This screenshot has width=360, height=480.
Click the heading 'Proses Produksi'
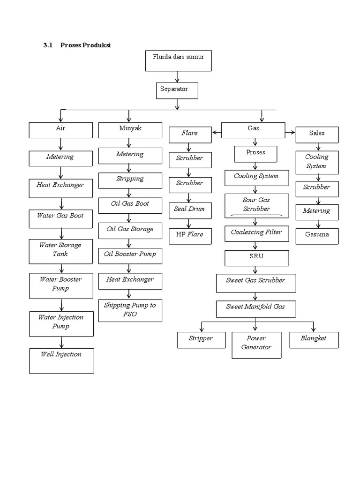[x=85, y=45]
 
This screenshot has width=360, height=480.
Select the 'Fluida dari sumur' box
[x=178, y=61]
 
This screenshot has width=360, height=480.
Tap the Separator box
[x=177, y=90]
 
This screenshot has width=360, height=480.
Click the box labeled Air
[x=60, y=130]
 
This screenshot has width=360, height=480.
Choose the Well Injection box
[x=61, y=361]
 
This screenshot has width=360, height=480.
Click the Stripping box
[x=130, y=180]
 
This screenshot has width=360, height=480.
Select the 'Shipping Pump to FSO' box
[x=130, y=311]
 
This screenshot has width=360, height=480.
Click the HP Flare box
[x=189, y=236]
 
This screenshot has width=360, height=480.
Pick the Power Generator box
[x=256, y=345]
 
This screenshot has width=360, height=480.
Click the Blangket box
[x=314, y=340]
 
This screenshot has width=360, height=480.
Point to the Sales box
[x=317, y=135]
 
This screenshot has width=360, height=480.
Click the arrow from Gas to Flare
[x=216, y=133]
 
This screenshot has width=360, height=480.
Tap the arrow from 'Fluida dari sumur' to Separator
[x=177, y=77]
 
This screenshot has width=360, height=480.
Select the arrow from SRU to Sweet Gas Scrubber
[x=255, y=270]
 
